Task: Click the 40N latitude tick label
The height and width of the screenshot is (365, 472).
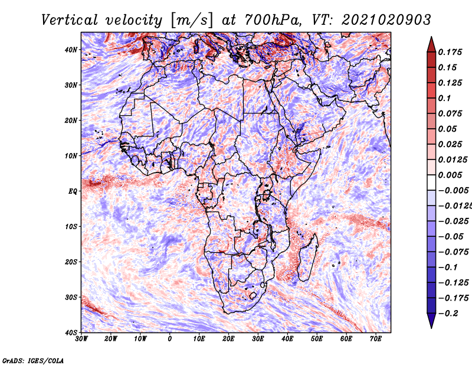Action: tap(71, 50)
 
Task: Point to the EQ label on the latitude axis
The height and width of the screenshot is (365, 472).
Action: tap(73, 191)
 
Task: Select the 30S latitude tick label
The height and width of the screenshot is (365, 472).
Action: tap(71, 298)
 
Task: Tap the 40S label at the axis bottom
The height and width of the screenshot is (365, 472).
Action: tap(71, 333)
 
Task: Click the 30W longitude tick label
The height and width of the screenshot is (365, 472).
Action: tap(81, 339)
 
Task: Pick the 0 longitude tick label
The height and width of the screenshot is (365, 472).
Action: tap(170, 339)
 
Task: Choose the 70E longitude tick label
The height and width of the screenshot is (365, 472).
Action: tap(376, 339)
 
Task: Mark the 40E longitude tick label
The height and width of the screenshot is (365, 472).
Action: tap(287, 339)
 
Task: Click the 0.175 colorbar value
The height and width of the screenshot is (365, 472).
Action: tap(450, 52)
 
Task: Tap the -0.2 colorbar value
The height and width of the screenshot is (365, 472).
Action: tap(448, 314)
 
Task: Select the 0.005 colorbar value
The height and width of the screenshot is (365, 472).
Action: tap(450, 175)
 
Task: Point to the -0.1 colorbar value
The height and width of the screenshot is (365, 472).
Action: tap(448, 268)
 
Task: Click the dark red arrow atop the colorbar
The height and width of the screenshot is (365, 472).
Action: tap(431, 45)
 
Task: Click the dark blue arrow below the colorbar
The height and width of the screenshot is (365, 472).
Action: tap(431, 321)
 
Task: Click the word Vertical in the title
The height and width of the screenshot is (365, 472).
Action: tap(70, 20)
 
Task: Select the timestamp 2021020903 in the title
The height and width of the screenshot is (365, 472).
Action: tap(386, 20)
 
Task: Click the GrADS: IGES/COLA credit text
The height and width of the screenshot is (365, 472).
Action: tap(33, 360)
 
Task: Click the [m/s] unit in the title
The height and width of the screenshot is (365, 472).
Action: tap(192, 21)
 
